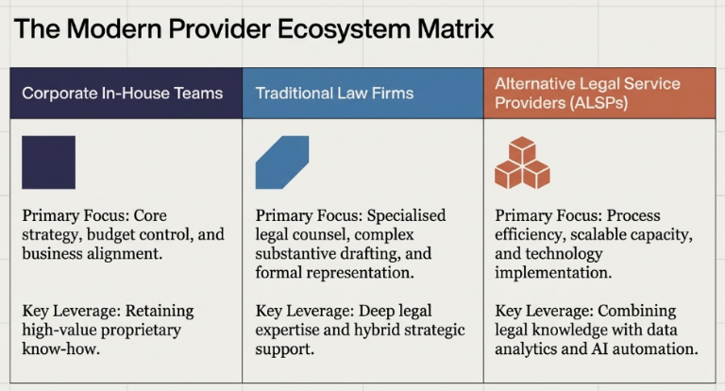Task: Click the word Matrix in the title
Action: (x=451, y=29)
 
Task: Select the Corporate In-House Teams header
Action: (x=123, y=93)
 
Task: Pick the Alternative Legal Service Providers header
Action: (x=587, y=93)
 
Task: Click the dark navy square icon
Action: (x=48, y=162)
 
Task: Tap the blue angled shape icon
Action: (x=281, y=162)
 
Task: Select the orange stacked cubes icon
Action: (x=522, y=162)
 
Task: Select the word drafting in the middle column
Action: (x=373, y=253)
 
